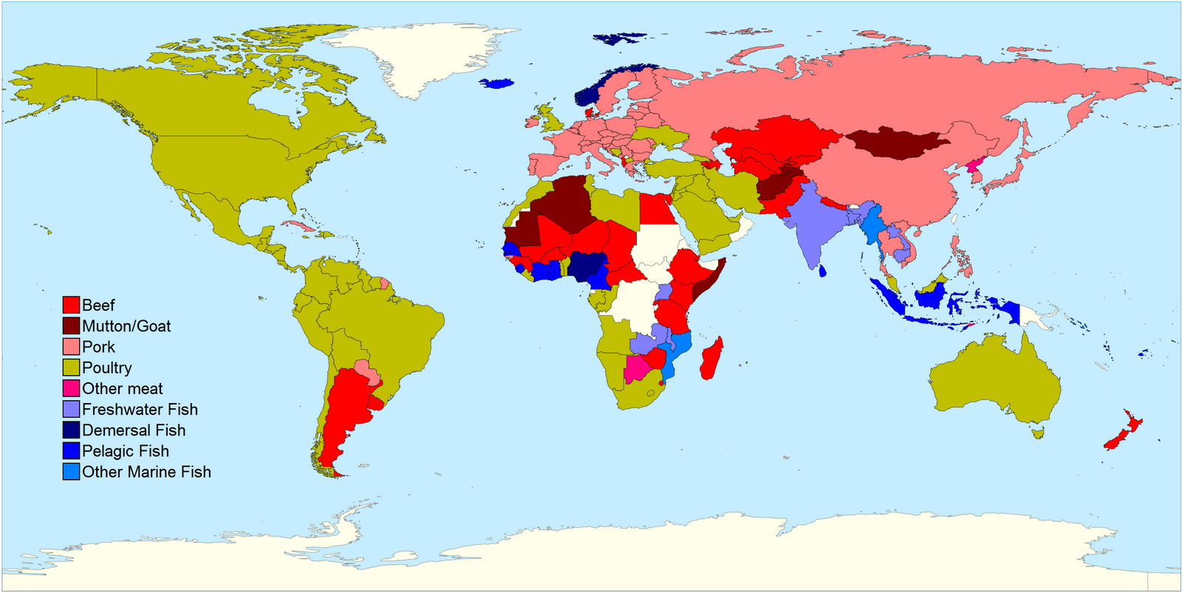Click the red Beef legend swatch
(x=71, y=305)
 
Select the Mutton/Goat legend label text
(x=126, y=326)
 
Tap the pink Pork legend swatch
(x=71, y=347)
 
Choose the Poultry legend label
(x=107, y=367)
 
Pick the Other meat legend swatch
(x=71, y=388)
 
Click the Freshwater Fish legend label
(x=140, y=409)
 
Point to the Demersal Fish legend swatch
(x=71, y=430)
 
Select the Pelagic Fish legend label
(x=126, y=451)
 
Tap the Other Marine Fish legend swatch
(x=71, y=472)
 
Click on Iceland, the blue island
(x=496, y=84)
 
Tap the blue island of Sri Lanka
(x=822, y=271)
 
